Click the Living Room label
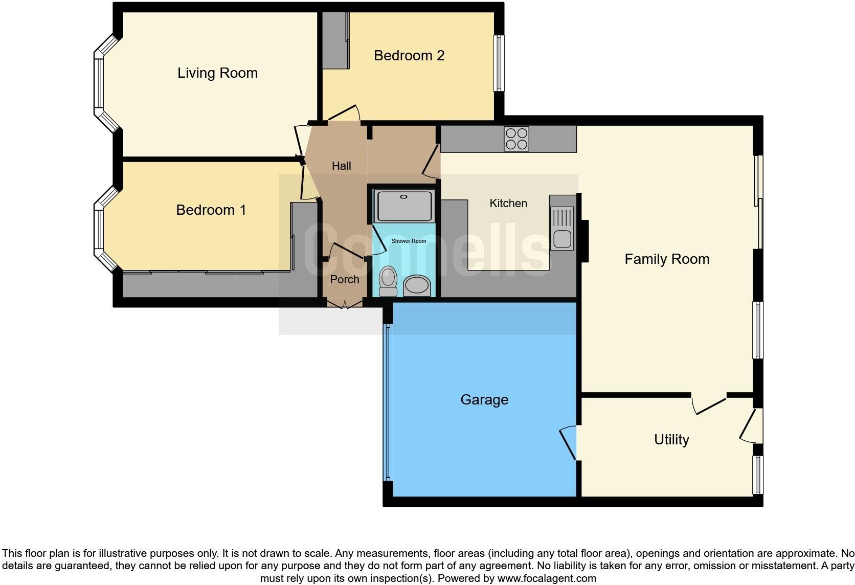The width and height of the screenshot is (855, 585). click(x=217, y=73)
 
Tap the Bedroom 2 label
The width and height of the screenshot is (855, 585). click(x=409, y=55)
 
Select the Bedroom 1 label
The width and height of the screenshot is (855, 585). click(x=211, y=210)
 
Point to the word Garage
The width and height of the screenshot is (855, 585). click(x=484, y=399)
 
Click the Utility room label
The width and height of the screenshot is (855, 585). click(x=671, y=439)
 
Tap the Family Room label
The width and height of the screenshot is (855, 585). click(x=667, y=259)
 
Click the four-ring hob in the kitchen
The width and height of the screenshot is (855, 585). click(x=516, y=139)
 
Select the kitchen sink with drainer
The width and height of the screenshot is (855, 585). click(x=562, y=229)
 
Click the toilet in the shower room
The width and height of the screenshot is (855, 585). click(x=389, y=281)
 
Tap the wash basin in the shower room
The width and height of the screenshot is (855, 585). click(x=417, y=286)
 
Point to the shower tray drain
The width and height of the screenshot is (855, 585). click(x=404, y=196)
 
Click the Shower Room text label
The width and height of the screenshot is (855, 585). click(x=409, y=241)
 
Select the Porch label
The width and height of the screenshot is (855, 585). click(x=345, y=279)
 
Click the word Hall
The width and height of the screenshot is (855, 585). click(x=341, y=166)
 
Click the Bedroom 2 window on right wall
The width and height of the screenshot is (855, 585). click(x=499, y=63)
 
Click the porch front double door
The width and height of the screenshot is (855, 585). click(x=345, y=305)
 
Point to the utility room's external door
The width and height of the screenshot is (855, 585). click(x=751, y=425)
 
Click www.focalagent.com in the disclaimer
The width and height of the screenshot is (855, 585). click(x=547, y=578)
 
